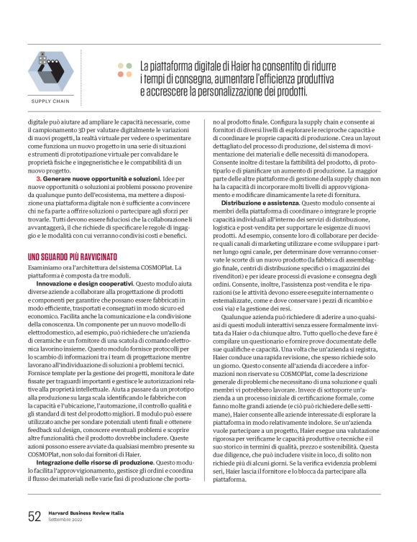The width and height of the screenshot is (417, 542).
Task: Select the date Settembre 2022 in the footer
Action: pos(68,520)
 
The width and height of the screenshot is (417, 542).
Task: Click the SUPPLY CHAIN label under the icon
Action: pos(50,101)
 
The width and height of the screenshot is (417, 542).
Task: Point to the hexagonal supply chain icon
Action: pos(50,72)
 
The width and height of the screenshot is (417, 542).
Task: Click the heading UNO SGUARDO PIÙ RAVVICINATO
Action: pos(75,256)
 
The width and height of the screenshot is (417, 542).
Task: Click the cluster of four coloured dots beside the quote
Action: pos(125,70)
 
